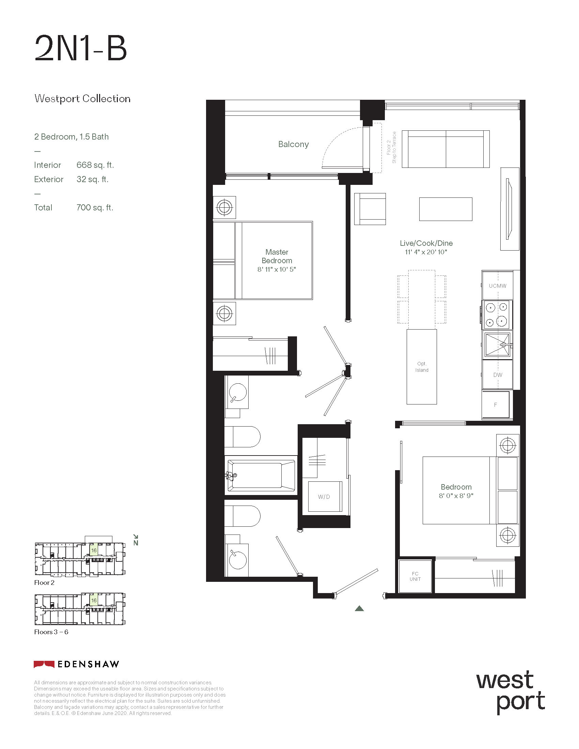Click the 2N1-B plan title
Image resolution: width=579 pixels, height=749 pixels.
pos(81,49)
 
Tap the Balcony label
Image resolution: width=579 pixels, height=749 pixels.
pos(293,144)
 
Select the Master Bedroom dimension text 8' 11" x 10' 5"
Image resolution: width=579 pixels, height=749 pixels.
pos(277,269)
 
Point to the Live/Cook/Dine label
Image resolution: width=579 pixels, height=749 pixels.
pos(426,243)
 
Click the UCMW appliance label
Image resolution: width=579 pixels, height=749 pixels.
pos(497,286)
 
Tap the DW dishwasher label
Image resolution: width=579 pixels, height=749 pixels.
pos(497,375)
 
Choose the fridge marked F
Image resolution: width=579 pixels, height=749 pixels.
pos(495,405)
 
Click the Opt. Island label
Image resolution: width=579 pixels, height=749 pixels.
pos(422,367)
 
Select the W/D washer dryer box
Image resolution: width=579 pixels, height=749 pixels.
pos(325,497)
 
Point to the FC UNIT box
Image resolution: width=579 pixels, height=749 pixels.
pos(415,576)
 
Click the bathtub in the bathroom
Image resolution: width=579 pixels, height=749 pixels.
pos(261,475)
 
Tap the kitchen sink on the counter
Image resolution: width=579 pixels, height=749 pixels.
pos(497,345)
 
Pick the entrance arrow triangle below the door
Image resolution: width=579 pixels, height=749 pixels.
pos(359,608)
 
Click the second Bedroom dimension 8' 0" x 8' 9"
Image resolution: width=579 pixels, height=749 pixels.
pos(456,496)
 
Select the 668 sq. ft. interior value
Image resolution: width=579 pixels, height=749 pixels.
pos(95,165)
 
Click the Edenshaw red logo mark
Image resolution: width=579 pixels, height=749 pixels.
pos(44,664)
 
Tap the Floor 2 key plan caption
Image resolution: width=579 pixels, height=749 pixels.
pos(44,582)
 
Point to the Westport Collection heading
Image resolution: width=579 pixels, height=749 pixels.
pos(82,99)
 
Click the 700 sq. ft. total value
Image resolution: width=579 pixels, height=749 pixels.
pos(95,207)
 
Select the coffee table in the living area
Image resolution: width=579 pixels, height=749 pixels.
pos(445,209)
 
